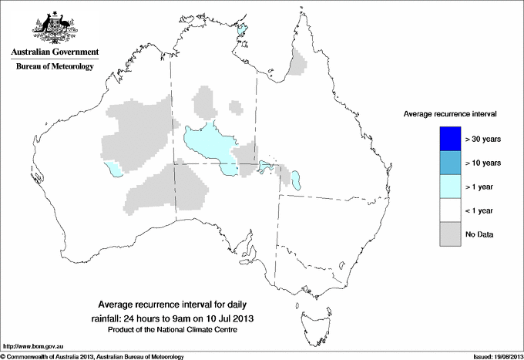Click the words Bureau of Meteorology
click(55, 67)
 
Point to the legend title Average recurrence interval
click(450, 113)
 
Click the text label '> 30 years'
click(483, 140)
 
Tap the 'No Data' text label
click(479, 234)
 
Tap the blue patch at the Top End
click(243, 31)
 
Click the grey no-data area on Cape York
click(297, 62)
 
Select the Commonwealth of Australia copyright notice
click(92, 356)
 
